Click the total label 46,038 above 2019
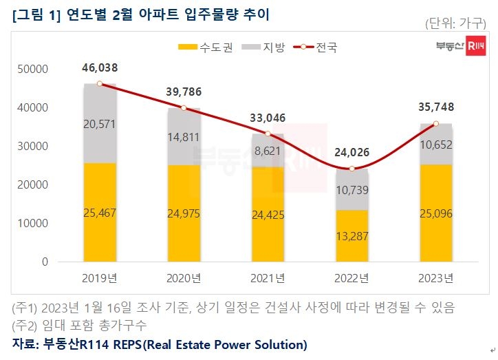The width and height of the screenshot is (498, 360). tap(100, 68)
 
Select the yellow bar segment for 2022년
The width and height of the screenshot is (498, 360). tap(351, 235)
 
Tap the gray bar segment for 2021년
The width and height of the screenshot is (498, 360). tap(268, 150)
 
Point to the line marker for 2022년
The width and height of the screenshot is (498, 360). tap(351, 169)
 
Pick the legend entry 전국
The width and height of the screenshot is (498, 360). tap(318, 47)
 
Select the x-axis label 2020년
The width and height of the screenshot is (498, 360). tap(184, 278)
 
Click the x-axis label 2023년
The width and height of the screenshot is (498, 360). tap(435, 278)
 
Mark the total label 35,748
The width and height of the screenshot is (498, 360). tap(435, 107)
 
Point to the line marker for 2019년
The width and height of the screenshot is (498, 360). tap(100, 83)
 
